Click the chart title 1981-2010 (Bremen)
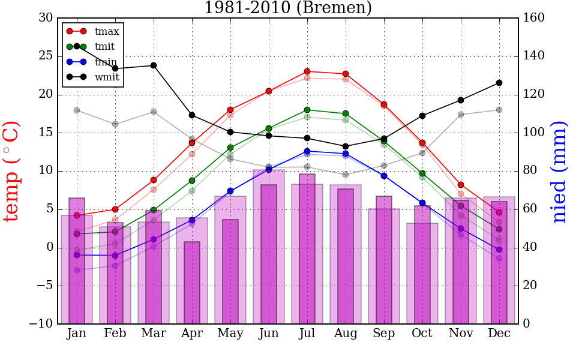288,8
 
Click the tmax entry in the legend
107,31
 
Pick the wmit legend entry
107,77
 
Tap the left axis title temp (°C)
12,171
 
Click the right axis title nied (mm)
559,172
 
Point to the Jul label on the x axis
307,334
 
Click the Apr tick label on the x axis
192,334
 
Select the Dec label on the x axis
499,334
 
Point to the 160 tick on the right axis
534,18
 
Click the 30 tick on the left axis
46,18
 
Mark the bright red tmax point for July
307,71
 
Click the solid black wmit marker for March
154,65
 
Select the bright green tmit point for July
307,110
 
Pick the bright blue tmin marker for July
307,151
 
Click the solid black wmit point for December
499,83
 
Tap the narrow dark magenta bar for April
192,283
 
